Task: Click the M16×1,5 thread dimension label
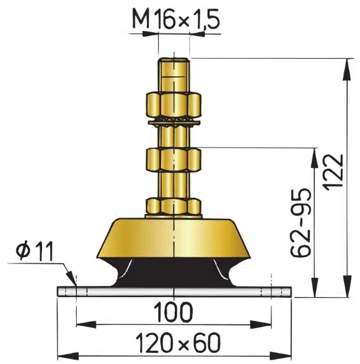click(175, 19)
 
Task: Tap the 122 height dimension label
click(333, 172)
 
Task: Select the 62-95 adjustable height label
click(301, 222)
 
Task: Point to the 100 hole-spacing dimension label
click(173, 312)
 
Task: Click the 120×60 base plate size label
click(178, 342)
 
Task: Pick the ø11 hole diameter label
click(35, 251)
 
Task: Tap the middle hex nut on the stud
click(173, 160)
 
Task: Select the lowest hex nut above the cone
click(173, 206)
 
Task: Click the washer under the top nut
click(173, 122)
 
